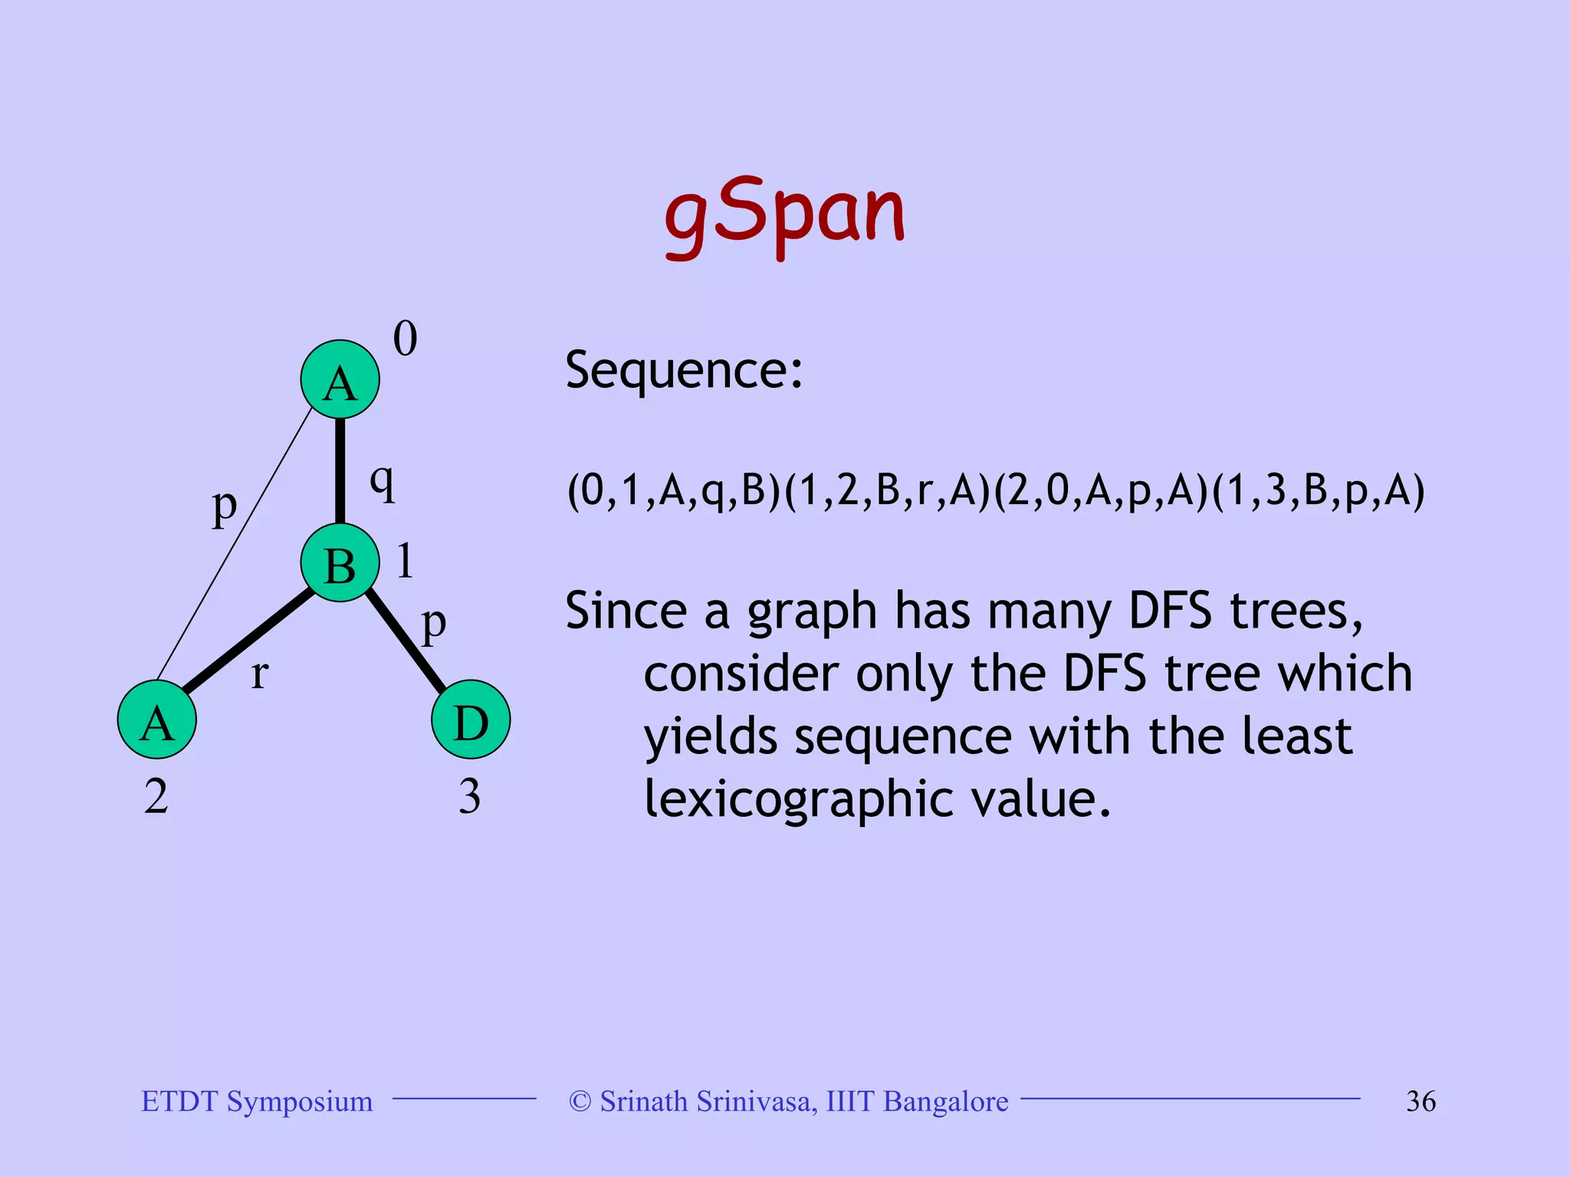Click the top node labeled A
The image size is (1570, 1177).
point(340,380)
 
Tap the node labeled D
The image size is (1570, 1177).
point(471,720)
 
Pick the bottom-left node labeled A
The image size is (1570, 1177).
point(157,720)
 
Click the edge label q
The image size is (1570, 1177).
point(383,484)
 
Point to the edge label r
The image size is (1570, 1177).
point(260,674)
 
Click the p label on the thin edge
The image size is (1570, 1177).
point(224,507)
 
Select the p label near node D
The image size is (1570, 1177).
point(434,625)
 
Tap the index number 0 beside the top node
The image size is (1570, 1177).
point(405,339)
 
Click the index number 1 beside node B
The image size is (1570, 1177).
point(405,561)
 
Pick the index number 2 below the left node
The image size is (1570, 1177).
point(156,797)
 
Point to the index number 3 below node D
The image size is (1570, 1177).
point(469,797)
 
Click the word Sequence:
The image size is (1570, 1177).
point(684,371)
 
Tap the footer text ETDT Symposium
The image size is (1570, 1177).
point(257,1101)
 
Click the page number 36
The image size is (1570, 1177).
point(1421,1101)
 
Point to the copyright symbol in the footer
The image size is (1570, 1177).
point(580,1101)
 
